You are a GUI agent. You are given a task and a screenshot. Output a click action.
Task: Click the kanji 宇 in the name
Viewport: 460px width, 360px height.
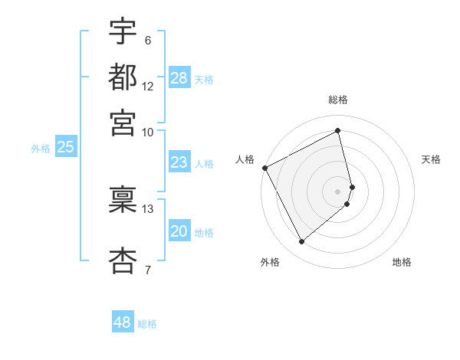pyautogui.click(x=123, y=32)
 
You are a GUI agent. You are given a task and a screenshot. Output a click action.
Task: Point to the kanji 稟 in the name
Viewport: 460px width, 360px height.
pyautogui.click(x=123, y=198)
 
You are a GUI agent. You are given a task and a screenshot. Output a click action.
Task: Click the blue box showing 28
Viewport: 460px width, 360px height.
pyautogui.click(x=179, y=78)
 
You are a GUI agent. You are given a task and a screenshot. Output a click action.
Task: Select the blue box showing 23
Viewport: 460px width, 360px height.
pyautogui.click(x=179, y=162)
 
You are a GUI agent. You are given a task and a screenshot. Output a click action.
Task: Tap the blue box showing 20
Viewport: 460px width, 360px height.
pyautogui.click(x=179, y=232)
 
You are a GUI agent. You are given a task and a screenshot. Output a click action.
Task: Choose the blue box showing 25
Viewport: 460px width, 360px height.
pyautogui.click(x=65, y=148)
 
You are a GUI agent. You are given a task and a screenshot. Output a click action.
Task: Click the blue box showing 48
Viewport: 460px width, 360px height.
pyautogui.click(x=123, y=322)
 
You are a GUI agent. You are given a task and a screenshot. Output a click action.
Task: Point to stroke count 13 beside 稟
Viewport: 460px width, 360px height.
pyautogui.click(x=148, y=208)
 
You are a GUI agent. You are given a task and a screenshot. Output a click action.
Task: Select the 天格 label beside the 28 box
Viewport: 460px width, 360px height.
pyautogui.click(x=203, y=80)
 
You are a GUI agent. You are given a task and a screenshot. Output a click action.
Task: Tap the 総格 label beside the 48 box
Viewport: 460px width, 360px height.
pyautogui.click(x=147, y=324)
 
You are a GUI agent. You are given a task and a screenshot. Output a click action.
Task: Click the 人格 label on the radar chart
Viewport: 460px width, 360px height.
pyautogui.click(x=245, y=159)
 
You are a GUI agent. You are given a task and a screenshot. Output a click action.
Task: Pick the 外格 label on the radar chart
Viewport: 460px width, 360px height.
pyautogui.click(x=270, y=263)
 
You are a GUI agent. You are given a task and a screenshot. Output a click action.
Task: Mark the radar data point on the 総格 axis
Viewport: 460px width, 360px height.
pyautogui.click(x=338, y=131)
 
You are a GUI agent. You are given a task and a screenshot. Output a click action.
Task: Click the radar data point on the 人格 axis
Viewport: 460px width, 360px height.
pyautogui.click(x=265, y=167)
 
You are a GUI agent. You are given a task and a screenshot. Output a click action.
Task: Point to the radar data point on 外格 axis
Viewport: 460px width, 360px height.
pyautogui.click(x=301, y=242)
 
